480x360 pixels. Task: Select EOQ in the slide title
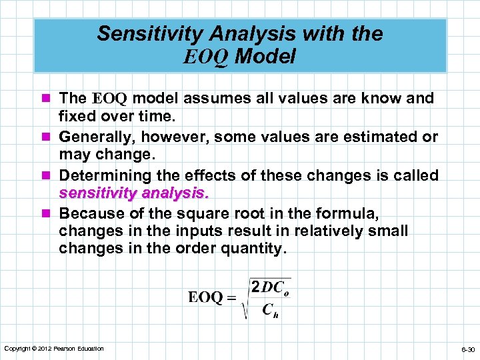tap(206, 57)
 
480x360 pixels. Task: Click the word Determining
tap(105, 176)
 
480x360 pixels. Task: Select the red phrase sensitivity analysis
tap(134, 194)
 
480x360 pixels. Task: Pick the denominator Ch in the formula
tap(270, 310)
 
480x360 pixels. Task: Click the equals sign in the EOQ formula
tap(231, 298)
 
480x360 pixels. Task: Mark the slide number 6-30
tap(466, 349)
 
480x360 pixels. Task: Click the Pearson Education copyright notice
tap(54, 349)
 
